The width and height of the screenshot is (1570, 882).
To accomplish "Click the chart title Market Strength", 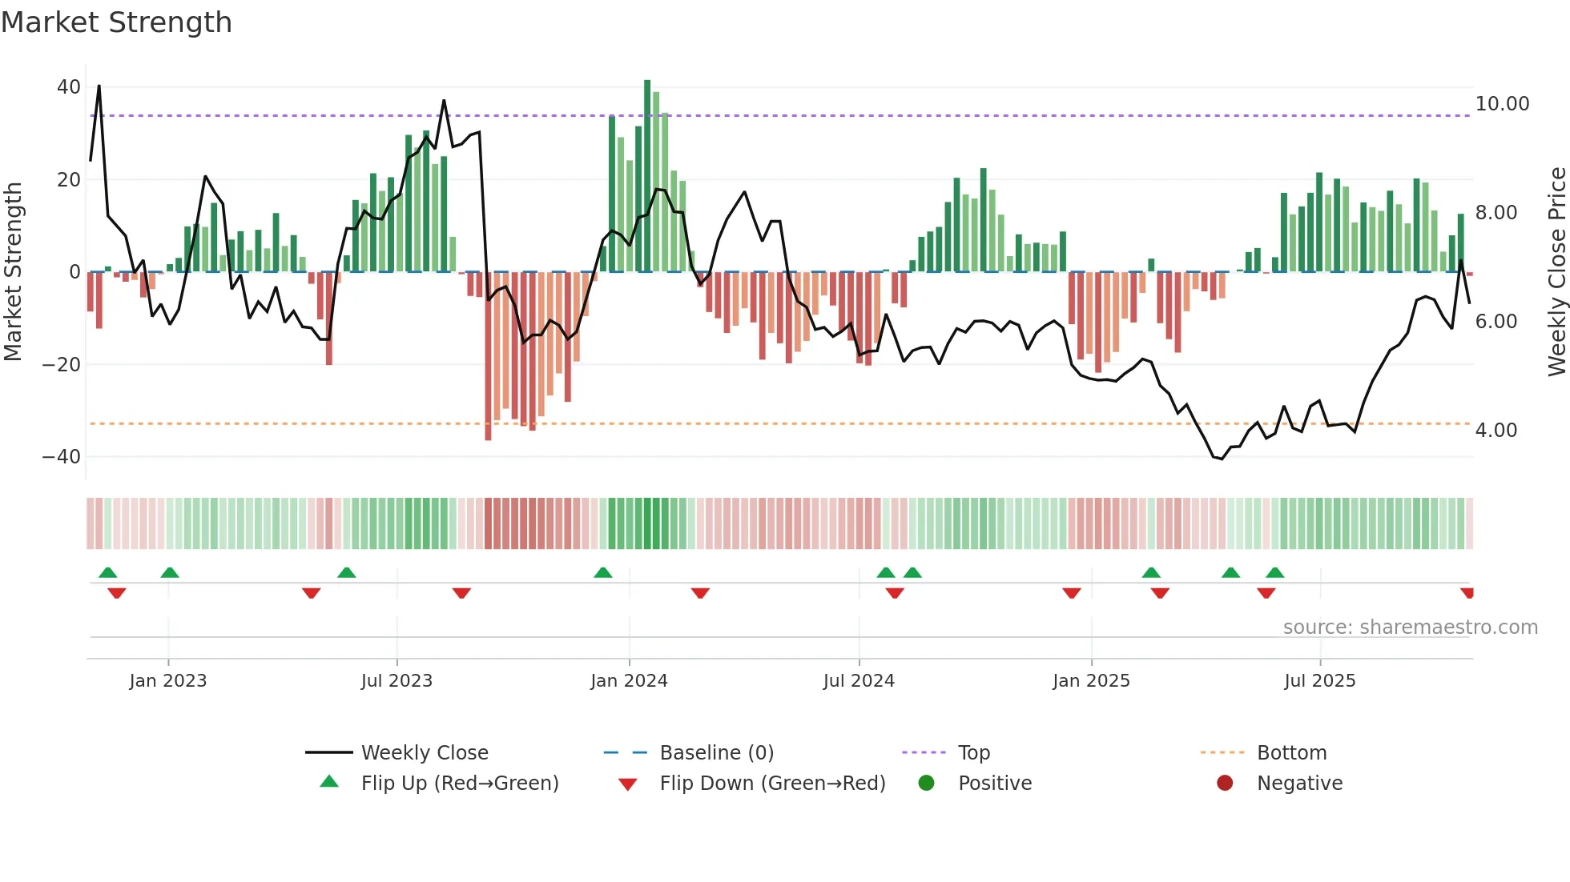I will pos(116,22).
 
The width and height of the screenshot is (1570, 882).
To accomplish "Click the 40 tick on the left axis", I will pos(69,87).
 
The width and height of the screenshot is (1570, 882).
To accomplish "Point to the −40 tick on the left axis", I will pos(62,457).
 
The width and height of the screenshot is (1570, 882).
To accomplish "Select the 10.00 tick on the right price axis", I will pos(1502,104).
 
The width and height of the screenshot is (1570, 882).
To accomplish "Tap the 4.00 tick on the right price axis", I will pos(1496,431).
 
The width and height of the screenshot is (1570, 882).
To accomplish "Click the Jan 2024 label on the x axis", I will pos(629,681).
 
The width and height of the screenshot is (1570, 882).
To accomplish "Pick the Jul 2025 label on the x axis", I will pos(1319,681).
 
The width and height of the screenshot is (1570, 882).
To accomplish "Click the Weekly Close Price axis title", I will pos(1556,272).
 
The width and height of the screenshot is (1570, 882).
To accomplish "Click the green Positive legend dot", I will pos(926,784).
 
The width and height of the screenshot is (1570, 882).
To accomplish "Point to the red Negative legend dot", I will pos(1225,784).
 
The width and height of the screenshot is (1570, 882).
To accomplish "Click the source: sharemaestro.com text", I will pos(1410,627).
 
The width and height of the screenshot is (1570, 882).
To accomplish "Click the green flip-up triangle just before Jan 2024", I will pos(603,572).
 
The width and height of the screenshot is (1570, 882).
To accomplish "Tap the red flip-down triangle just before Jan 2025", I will pos(1072,593).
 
